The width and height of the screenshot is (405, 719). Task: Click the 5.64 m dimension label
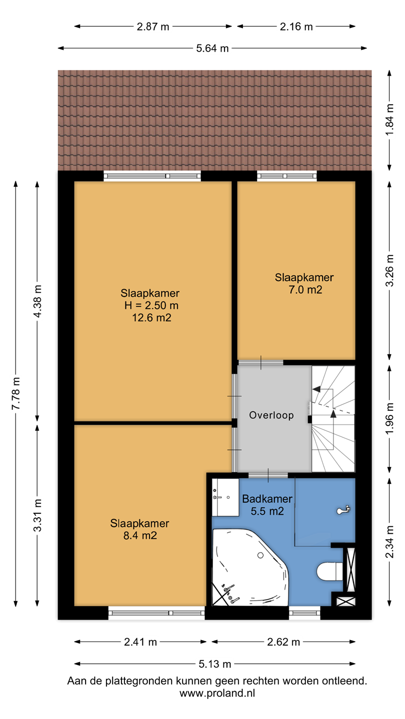tap(212, 48)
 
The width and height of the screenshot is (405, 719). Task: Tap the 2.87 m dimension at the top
tap(153, 26)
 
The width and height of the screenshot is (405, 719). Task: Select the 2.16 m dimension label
tap(296, 26)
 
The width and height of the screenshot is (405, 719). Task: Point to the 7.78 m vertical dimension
tap(16, 393)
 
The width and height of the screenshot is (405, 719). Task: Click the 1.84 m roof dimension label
tap(389, 120)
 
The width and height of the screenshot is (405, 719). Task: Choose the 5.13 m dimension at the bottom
tap(214, 664)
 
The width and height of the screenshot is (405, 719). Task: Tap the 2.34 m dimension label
tap(389, 542)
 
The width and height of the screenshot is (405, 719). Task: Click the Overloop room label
tap(271, 415)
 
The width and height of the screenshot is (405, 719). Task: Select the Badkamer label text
tap(267, 499)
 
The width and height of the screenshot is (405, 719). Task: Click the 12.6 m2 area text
tap(151, 318)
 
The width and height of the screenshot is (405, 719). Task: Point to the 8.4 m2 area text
tap(140, 535)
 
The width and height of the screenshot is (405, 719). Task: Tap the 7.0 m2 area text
tap(305, 290)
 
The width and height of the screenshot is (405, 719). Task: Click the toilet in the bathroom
tap(330, 571)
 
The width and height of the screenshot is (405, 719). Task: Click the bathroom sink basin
tap(225, 497)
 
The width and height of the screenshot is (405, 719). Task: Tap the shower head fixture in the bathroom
tap(343, 509)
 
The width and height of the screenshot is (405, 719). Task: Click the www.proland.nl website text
tap(217, 693)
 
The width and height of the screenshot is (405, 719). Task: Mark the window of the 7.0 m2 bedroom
tap(286, 176)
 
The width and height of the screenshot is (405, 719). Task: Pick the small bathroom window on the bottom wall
tap(304, 613)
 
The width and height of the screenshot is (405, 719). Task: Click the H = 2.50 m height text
tap(151, 305)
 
